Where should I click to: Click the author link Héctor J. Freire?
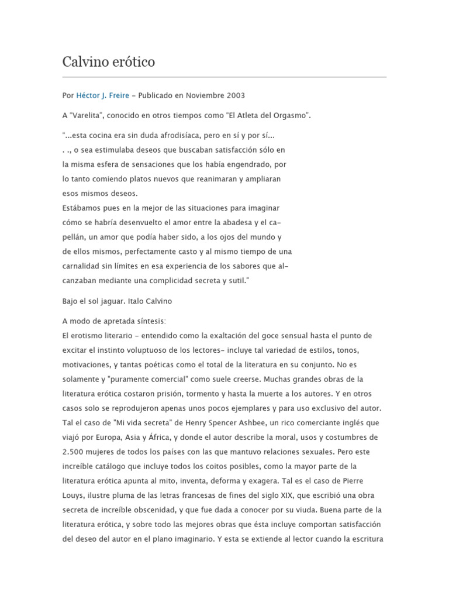tap(103, 95)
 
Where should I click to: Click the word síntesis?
tap(149, 321)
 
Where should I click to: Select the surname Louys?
tap(73, 495)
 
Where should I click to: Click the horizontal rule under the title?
tap(224, 77)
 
